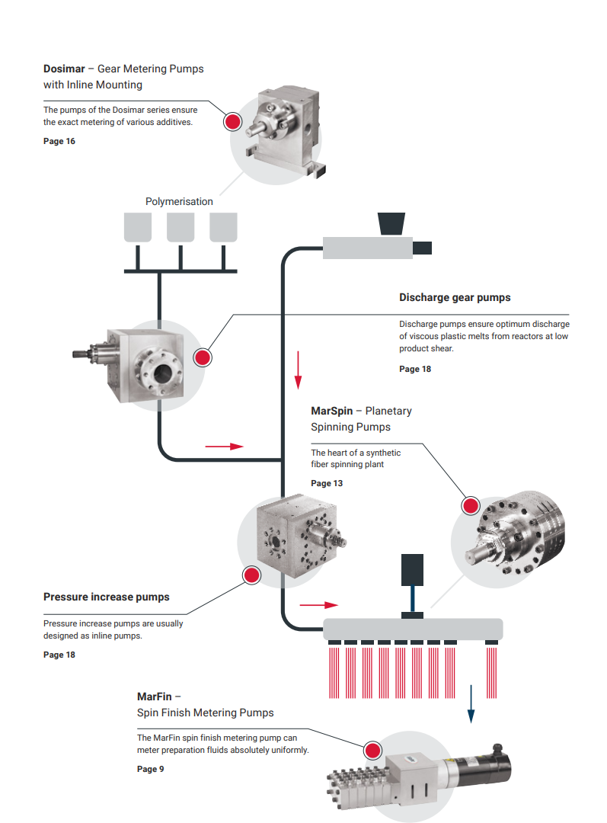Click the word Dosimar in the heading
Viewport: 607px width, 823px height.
tap(64, 69)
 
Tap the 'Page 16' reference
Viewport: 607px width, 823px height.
tap(59, 141)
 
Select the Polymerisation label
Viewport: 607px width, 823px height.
tap(179, 202)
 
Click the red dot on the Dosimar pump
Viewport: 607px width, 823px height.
tap(232, 121)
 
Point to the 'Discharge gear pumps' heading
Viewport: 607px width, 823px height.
tap(455, 297)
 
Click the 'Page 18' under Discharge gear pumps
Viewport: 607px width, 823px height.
tap(415, 369)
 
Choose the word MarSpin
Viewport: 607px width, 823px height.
tap(331, 411)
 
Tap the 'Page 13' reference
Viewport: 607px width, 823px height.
tap(327, 483)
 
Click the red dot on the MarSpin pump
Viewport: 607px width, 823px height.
tap(471, 504)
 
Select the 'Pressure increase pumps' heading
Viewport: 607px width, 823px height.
tap(107, 597)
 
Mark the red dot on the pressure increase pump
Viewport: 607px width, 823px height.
tap(251, 575)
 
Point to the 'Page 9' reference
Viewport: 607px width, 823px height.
tap(150, 769)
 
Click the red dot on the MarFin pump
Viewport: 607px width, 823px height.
tap(373, 751)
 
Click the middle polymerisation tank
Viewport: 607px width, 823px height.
tap(181, 227)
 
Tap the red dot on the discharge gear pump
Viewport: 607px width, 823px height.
tap(203, 357)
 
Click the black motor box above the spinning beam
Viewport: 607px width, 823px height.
tap(413, 569)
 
